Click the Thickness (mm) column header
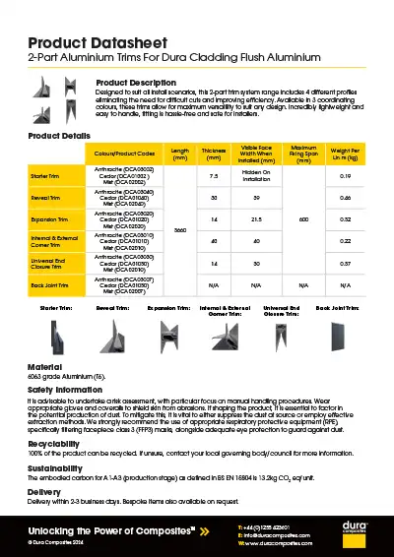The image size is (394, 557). point(214,154)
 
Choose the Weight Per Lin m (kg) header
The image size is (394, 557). point(345,154)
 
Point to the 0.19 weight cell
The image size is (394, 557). point(345,175)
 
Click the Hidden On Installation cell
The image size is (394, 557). point(256,175)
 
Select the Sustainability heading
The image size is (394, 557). point(56,469)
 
